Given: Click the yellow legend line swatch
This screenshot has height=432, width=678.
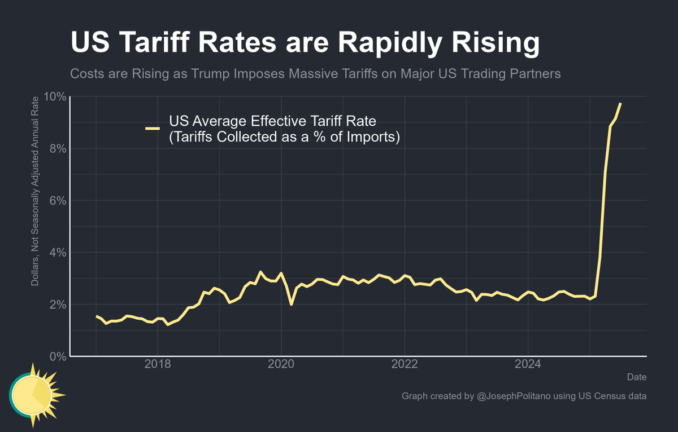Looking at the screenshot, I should (x=153, y=129).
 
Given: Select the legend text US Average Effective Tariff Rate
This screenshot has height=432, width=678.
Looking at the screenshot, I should (x=272, y=122).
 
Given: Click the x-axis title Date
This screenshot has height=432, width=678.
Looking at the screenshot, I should (x=637, y=377).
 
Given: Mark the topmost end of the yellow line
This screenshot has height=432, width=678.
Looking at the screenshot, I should (x=620, y=104).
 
